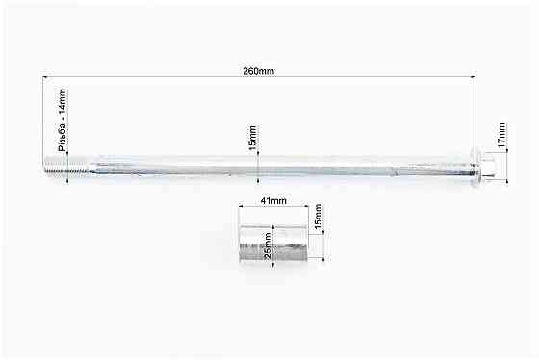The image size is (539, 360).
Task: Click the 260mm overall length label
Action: pyautogui.click(x=260, y=70)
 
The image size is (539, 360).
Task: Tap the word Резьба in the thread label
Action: pyautogui.click(x=63, y=137)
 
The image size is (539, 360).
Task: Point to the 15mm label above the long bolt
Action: pyautogui.click(x=253, y=138)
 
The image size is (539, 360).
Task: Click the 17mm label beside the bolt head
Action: pyautogui.click(x=500, y=135)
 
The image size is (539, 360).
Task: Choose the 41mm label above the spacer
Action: pyautogui.click(x=274, y=201)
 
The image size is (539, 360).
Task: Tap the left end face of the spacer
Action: pyautogui.click(x=242, y=245)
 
